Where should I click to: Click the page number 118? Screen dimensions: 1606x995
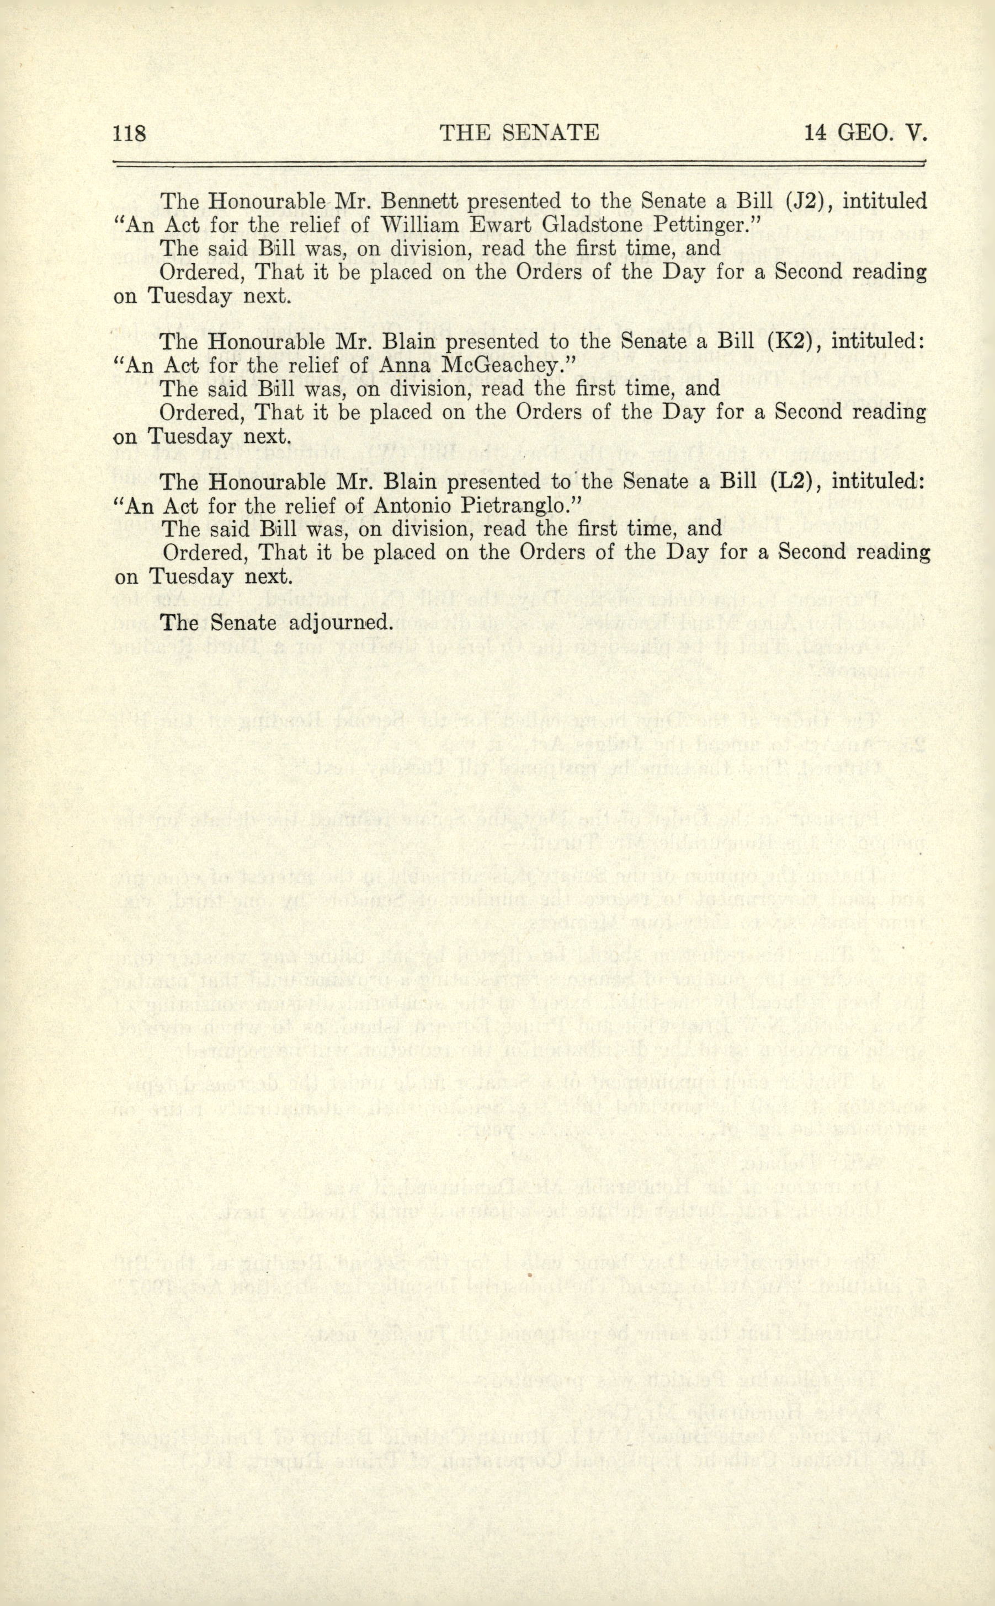pos(129,134)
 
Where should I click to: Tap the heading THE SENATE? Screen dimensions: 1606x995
pos(519,134)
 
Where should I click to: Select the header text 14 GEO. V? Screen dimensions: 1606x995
pos(865,134)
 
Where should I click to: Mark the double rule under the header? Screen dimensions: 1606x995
pos(519,163)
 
